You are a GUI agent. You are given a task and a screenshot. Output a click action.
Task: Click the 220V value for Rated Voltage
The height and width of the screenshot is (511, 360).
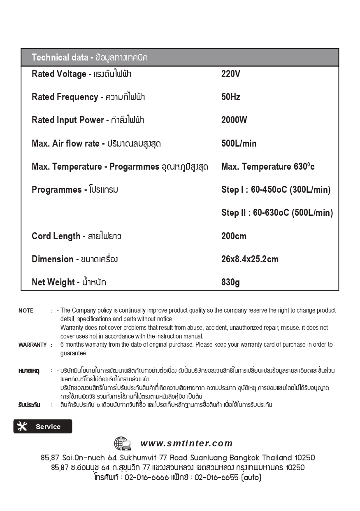pyautogui.click(x=230, y=74)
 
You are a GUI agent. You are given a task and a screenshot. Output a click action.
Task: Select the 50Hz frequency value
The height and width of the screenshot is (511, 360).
pyautogui.click(x=230, y=97)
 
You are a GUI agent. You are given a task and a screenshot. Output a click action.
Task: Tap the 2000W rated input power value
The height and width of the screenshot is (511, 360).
pyautogui.click(x=234, y=120)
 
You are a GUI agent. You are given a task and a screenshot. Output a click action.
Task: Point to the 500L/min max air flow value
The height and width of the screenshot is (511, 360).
pyautogui.click(x=239, y=143)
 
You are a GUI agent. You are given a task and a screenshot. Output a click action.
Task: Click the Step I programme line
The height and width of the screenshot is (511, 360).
pyautogui.click(x=276, y=190)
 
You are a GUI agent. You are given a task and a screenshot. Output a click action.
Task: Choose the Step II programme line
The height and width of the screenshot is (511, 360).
pyautogui.click(x=277, y=213)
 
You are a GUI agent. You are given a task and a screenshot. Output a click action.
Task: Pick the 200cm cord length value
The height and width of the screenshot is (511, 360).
pyautogui.click(x=234, y=236)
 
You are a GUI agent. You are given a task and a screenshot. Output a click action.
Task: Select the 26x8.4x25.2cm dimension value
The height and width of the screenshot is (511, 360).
pyautogui.click(x=250, y=259)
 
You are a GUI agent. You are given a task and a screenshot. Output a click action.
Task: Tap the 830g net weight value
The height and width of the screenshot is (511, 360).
pyautogui.click(x=230, y=282)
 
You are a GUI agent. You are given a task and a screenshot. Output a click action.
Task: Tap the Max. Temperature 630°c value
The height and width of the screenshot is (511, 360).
pyautogui.click(x=268, y=167)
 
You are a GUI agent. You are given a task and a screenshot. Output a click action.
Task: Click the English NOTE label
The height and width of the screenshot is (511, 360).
pyautogui.click(x=26, y=310)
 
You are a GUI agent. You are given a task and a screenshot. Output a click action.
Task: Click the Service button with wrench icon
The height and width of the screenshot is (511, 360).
pyautogui.click(x=43, y=427)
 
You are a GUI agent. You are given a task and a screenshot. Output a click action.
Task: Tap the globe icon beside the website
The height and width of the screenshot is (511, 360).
pyautogui.click(x=122, y=444)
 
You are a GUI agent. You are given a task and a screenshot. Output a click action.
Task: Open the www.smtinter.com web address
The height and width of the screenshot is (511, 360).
pyautogui.click(x=186, y=443)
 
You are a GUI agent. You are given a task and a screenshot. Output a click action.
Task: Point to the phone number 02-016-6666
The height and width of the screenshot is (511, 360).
pyautogui.click(x=146, y=478)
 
